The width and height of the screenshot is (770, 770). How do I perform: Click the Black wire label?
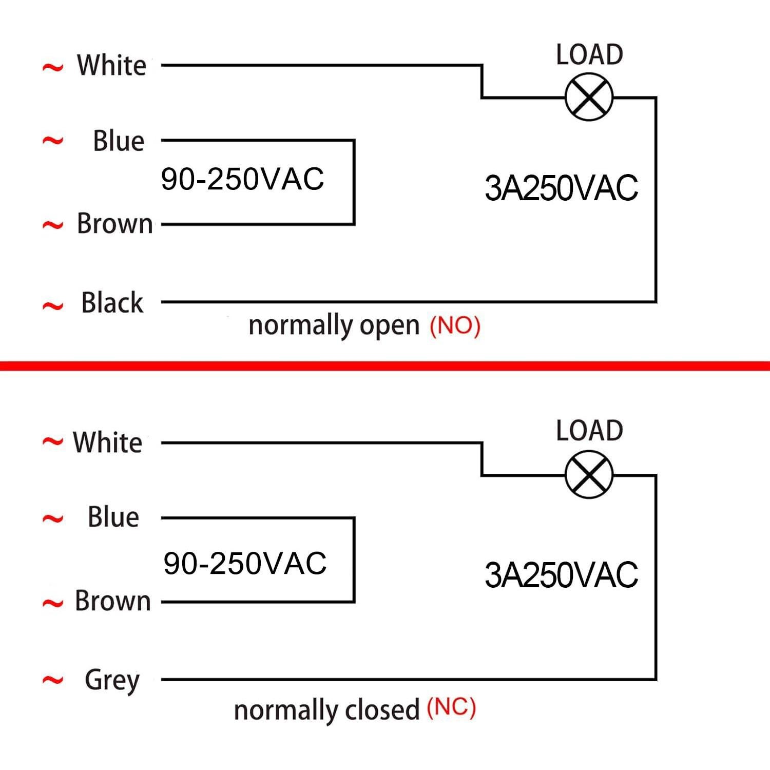tap(112, 302)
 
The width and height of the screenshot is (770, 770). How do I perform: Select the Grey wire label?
tap(112, 680)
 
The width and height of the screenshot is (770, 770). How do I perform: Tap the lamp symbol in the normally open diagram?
tap(589, 97)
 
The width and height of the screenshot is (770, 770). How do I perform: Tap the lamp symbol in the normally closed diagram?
tap(589, 475)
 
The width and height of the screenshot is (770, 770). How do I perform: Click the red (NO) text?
tap(455, 325)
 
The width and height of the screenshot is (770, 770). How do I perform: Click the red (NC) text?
tap(451, 708)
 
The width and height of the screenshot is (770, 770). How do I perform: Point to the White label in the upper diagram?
tap(111, 66)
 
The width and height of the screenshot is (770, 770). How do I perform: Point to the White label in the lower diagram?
tap(107, 442)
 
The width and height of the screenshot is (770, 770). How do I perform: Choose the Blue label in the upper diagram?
tap(118, 141)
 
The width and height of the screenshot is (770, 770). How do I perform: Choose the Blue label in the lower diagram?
tap(113, 517)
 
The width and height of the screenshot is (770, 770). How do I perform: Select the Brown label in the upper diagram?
tap(114, 224)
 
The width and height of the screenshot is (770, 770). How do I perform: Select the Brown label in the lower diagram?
tap(112, 601)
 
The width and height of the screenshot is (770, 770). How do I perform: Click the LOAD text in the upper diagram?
tap(589, 54)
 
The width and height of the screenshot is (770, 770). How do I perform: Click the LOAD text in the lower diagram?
tap(589, 431)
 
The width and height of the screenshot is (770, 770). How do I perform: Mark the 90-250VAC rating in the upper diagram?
tap(242, 179)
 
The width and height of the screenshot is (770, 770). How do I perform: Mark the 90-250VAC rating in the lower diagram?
tap(245, 563)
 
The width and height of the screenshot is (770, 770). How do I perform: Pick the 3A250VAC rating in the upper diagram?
tap(561, 188)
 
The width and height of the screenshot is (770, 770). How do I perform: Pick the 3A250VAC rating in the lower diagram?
tap(561, 575)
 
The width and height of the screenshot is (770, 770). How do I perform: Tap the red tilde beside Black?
tap(52, 306)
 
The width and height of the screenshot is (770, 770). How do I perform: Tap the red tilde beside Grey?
tap(52, 681)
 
